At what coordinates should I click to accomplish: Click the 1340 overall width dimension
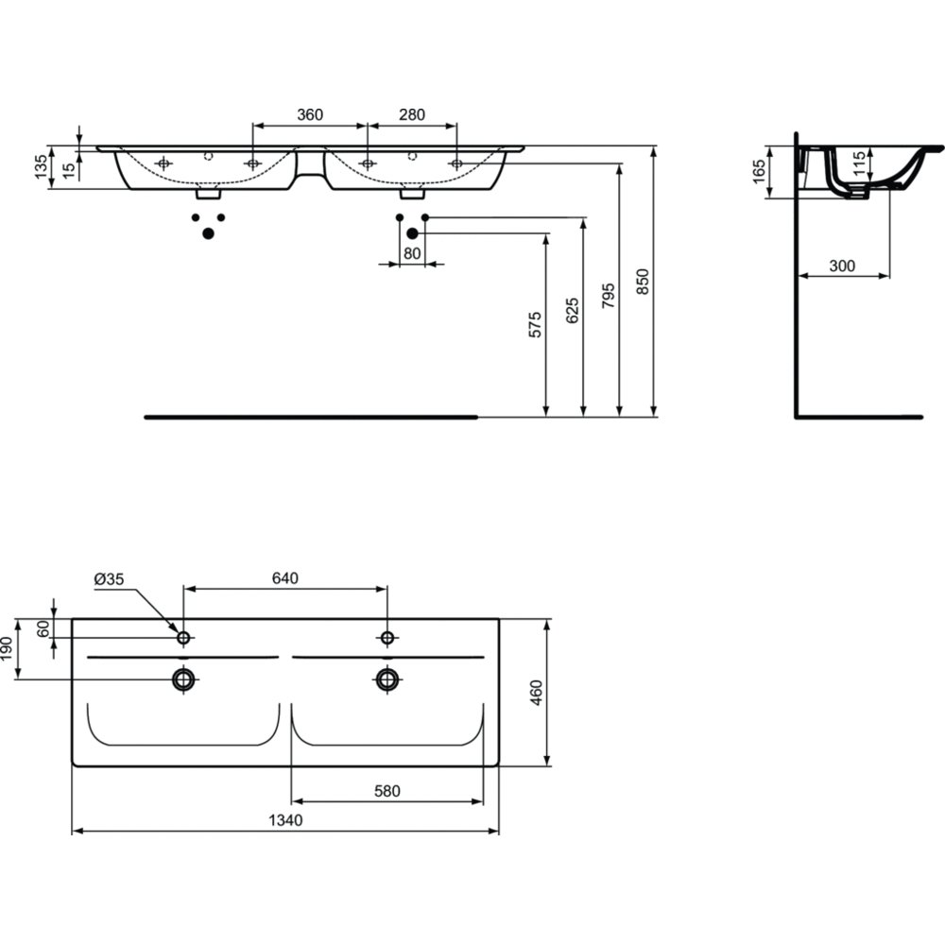285,820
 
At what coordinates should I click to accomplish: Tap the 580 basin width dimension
387,791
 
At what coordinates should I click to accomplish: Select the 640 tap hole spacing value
285,578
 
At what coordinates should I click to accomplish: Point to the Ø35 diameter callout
109,579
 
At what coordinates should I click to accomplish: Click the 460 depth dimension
536,693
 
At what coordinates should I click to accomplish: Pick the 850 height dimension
643,282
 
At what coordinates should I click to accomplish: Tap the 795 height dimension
609,295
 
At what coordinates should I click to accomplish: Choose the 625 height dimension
573,310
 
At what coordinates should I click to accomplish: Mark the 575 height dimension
535,325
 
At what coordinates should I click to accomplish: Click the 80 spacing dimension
412,253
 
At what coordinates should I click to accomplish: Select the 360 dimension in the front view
310,114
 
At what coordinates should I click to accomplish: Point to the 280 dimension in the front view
412,114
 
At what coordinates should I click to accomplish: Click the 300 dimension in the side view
842,266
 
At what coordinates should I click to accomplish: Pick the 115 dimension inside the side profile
859,163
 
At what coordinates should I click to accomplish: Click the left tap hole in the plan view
184,638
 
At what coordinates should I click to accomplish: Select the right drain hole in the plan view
387,679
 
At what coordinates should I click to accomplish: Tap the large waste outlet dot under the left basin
209,233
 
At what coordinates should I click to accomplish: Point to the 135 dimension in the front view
41,167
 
